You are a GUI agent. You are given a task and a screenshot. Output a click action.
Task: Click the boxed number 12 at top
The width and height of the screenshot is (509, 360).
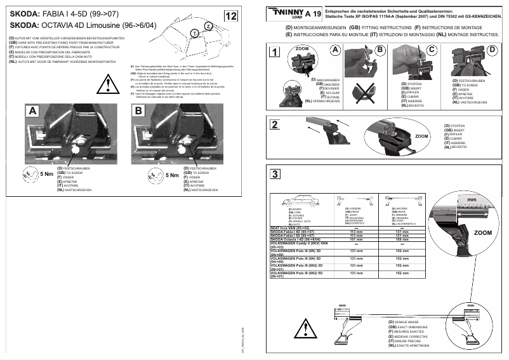[x=232, y=15]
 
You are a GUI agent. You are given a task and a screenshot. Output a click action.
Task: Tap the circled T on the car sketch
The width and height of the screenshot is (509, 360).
[x=194, y=32]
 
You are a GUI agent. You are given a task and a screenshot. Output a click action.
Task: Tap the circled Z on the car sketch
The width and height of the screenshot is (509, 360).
[x=208, y=25]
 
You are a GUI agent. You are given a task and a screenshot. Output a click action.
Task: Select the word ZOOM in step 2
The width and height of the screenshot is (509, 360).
[x=422, y=137]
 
